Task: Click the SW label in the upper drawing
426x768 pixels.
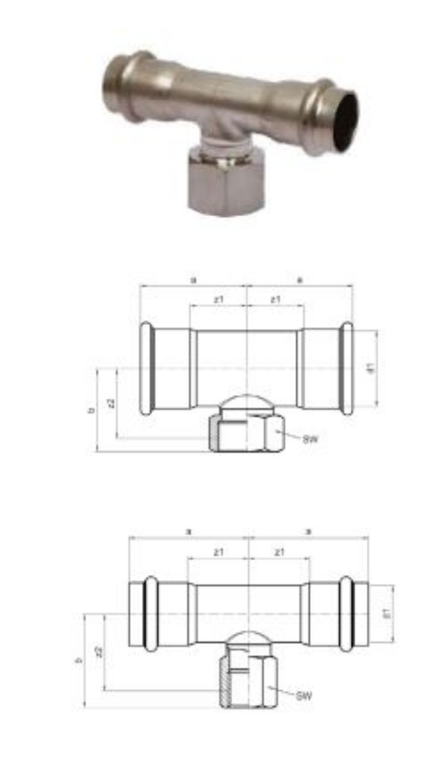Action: click(x=310, y=438)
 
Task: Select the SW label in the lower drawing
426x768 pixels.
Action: click(x=303, y=694)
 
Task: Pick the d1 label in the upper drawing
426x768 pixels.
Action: click(x=371, y=368)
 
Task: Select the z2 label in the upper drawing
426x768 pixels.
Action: click(x=112, y=403)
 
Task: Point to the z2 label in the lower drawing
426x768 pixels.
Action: click(x=99, y=652)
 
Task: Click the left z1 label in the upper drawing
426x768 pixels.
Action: click(x=218, y=299)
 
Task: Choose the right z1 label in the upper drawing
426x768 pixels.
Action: click(x=275, y=299)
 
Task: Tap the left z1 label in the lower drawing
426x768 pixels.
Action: click(x=218, y=552)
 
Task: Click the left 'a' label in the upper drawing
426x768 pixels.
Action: click(x=193, y=280)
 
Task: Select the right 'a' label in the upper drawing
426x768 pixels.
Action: click(x=300, y=280)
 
